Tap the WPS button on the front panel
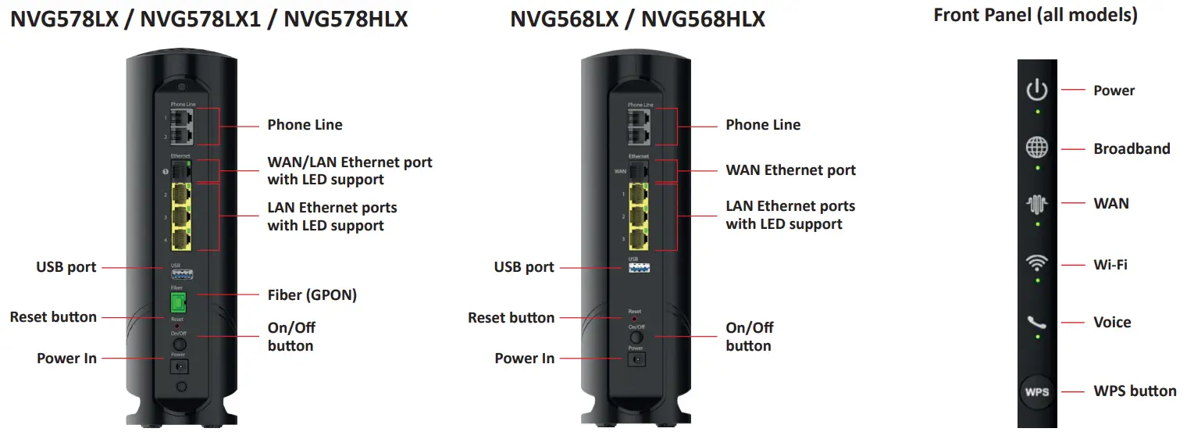[1037, 391]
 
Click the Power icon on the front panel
[1037, 90]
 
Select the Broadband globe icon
[1037, 148]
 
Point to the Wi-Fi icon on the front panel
[1037, 263]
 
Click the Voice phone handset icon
[1037, 322]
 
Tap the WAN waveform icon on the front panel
[1037, 205]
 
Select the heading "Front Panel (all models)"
[1036, 14]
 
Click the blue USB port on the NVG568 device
[639, 267]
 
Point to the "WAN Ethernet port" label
[790, 170]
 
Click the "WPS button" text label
[1135, 391]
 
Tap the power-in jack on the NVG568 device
[636, 359]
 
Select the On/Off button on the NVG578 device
[179, 344]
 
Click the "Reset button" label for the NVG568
[511, 317]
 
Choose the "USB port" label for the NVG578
[66, 266]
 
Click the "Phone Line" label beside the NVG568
[763, 124]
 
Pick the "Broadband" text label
[1132, 148]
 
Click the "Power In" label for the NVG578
[66, 358]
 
